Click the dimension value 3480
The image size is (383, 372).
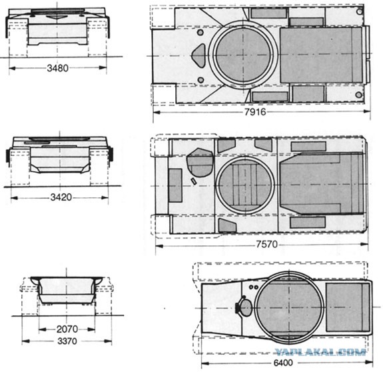pyautogui.click(x=58, y=68)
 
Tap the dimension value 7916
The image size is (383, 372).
pyautogui.click(x=255, y=112)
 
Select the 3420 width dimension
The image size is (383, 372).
pyautogui.click(x=61, y=197)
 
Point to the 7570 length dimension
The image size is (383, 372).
pyautogui.click(x=266, y=244)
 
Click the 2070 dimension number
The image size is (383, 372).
pyautogui.click(x=67, y=329)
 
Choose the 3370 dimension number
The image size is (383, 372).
pyautogui.click(x=67, y=341)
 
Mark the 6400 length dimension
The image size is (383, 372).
pyautogui.click(x=283, y=363)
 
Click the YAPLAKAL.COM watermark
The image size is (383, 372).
pyautogui.click(x=320, y=352)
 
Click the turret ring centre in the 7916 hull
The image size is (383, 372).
pyautogui.click(x=243, y=55)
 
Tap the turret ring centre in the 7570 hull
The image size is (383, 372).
pyautogui.click(x=245, y=185)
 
